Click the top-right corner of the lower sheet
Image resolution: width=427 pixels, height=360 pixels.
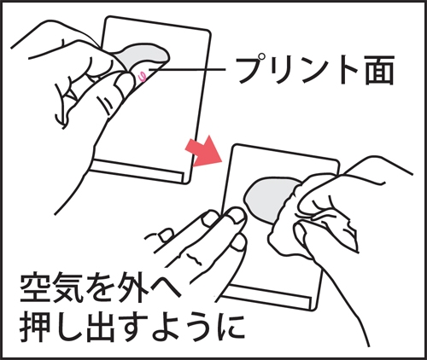click(x=333, y=157)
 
